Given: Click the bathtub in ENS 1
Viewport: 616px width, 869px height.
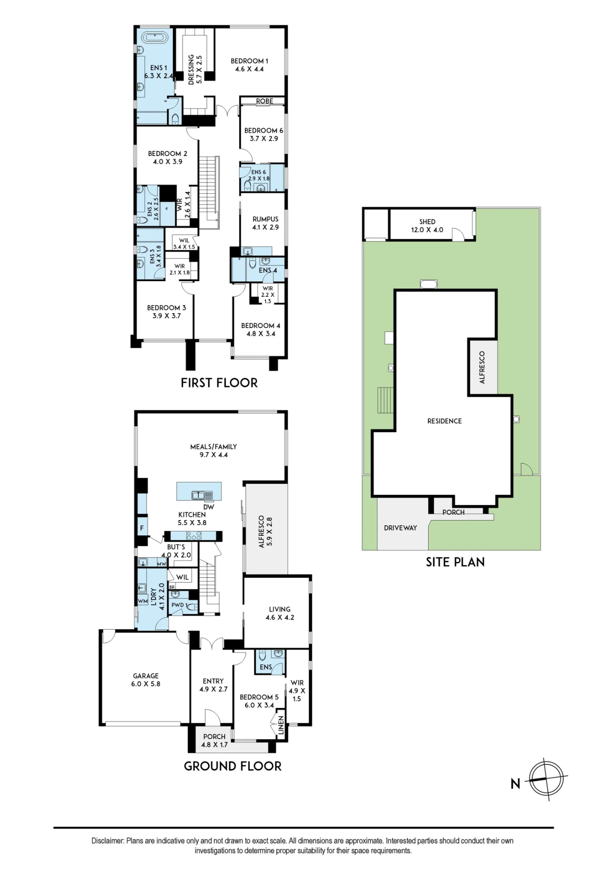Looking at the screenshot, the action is [x=155, y=37].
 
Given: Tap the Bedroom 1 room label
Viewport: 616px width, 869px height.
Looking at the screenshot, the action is [x=250, y=61].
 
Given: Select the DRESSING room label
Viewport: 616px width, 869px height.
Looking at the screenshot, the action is [x=191, y=69].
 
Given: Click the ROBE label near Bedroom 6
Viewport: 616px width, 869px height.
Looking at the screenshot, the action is [x=264, y=101].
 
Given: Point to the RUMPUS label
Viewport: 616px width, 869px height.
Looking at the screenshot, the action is [x=265, y=219].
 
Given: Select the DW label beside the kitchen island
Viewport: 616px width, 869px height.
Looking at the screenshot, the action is [x=209, y=507].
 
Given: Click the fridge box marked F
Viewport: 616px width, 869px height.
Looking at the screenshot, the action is [x=142, y=528].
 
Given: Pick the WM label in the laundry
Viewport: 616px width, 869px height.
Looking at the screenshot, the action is [x=143, y=601].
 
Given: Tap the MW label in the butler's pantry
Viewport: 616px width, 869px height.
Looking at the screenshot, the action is [x=162, y=564].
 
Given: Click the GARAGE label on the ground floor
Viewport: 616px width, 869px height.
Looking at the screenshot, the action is [x=146, y=676].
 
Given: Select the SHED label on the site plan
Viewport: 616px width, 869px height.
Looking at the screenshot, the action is [x=427, y=222].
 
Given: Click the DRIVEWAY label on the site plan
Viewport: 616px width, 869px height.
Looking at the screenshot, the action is [x=400, y=528].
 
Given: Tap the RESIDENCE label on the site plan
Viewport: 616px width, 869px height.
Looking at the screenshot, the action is [x=444, y=421].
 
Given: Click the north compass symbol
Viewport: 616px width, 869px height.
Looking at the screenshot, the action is [x=547, y=778].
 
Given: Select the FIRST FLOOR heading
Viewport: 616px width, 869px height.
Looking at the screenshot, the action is [x=219, y=383].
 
